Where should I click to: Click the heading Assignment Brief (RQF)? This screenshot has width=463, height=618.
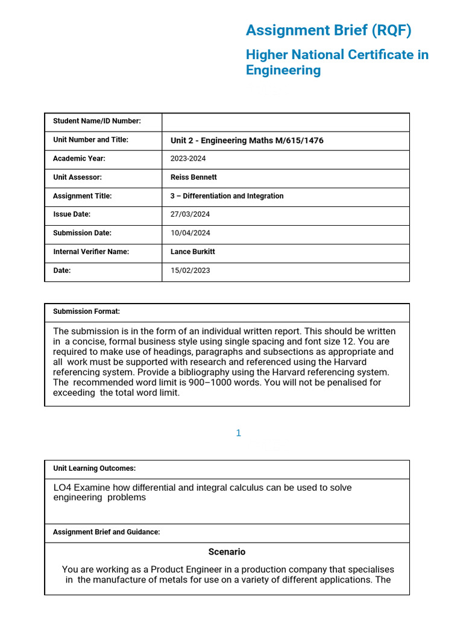pyautogui.click(x=329, y=30)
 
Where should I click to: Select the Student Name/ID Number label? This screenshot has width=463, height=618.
pyautogui.click(x=96, y=121)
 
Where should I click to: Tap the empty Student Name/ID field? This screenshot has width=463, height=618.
pyautogui.click(x=285, y=121)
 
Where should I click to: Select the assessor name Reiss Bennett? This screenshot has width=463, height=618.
pyautogui.click(x=194, y=177)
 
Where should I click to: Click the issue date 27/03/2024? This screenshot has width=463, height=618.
pyautogui.click(x=191, y=214)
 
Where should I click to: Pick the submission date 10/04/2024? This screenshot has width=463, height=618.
pyautogui.click(x=191, y=233)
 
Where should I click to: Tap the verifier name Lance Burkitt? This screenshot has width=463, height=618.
pyautogui.click(x=193, y=252)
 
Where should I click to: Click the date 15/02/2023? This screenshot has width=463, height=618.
pyautogui.click(x=191, y=270)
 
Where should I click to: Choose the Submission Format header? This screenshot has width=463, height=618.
pyautogui.click(x=86, y=311)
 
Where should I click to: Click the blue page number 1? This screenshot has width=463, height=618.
pyautogui.click(x=239, y=433)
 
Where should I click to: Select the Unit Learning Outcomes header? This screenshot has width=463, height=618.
pyautogui.click(x=94, y=468)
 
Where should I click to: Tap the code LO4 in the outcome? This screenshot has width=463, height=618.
pyautogui.click(x=63, y=488)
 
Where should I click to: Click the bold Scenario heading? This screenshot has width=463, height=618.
pyautogui.click(x=227, y=552)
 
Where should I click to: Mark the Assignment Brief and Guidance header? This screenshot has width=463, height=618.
pyautogui.click(x=106, y=532)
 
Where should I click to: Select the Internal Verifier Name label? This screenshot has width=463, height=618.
pyautogui.click(x=91, y=252)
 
